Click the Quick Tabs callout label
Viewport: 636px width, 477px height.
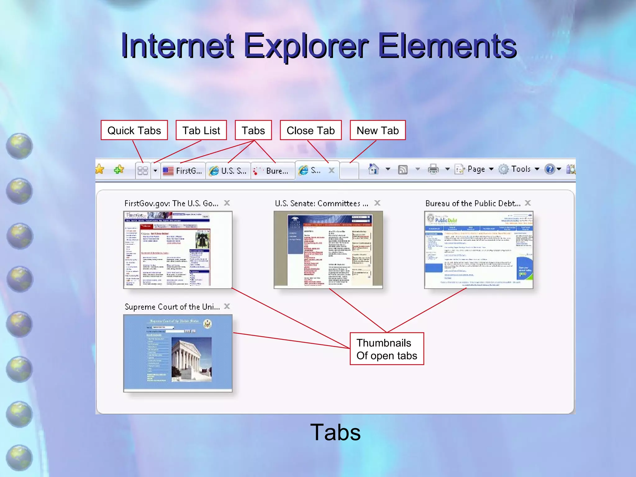[x=134, y=130]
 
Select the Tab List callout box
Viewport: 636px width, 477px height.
[x=201, y=130]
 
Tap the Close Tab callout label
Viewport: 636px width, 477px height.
[x=311, y=130]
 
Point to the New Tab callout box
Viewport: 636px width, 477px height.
[x=378, y=130]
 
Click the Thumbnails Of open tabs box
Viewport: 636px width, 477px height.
[x=387, y=349]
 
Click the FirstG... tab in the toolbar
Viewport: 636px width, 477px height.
[x=183, y=171]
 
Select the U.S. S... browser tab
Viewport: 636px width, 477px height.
[x=228, y=171]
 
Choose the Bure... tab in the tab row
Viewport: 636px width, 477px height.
[x=273, y=171]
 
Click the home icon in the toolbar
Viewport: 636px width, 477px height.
[x=373, y=169]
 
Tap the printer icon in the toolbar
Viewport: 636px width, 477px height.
[x=433, y=169]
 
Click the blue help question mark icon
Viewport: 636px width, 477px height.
[x=550, y=169]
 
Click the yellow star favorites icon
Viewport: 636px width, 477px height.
[x=100, y=169]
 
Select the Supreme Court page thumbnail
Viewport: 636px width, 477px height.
[x=178, y=353]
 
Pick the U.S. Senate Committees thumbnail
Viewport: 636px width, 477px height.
[x=328, y=250]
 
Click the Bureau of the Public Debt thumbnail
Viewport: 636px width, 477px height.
[x=479, y=250]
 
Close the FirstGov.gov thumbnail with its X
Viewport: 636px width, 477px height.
[x=227, y=203]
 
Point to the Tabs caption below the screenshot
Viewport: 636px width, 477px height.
[x=335, y=432]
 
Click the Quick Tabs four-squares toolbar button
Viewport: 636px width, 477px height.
[x=143, y=171]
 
